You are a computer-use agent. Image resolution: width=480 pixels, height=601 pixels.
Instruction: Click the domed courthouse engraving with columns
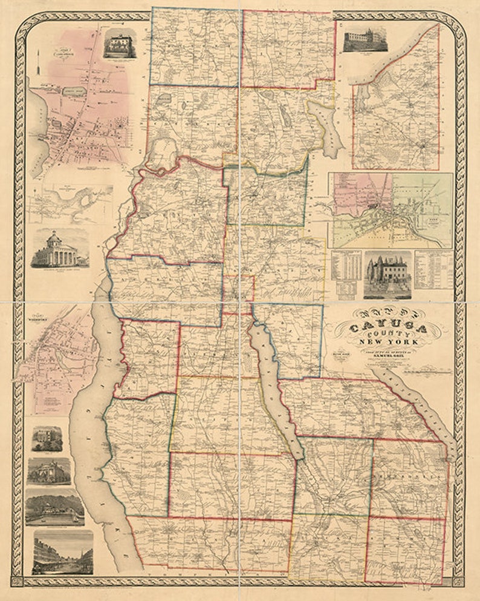tap(59, 248)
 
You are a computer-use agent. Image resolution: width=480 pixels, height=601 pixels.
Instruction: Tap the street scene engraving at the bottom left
tap(62, 552)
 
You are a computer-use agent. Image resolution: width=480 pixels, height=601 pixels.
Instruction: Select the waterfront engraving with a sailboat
tap(55, 507)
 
